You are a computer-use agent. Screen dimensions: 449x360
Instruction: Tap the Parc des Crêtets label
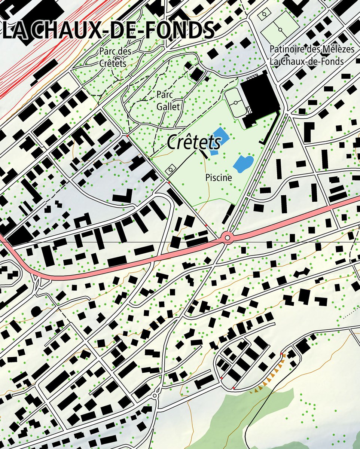point(115,57)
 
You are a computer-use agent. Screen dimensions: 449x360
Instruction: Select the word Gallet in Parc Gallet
point(169,107)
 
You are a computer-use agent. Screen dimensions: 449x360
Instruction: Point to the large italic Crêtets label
point(193,142)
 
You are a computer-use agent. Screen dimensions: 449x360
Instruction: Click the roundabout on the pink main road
point(227,238)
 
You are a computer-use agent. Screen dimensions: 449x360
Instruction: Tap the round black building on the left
point(36,311)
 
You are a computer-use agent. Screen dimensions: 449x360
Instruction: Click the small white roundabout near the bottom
point(155,395)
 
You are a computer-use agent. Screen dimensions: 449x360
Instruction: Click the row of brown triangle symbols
point(271,376)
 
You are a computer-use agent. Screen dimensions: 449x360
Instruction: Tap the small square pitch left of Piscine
point(171,169)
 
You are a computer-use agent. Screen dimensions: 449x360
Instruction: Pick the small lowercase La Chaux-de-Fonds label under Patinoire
point(306,61)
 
